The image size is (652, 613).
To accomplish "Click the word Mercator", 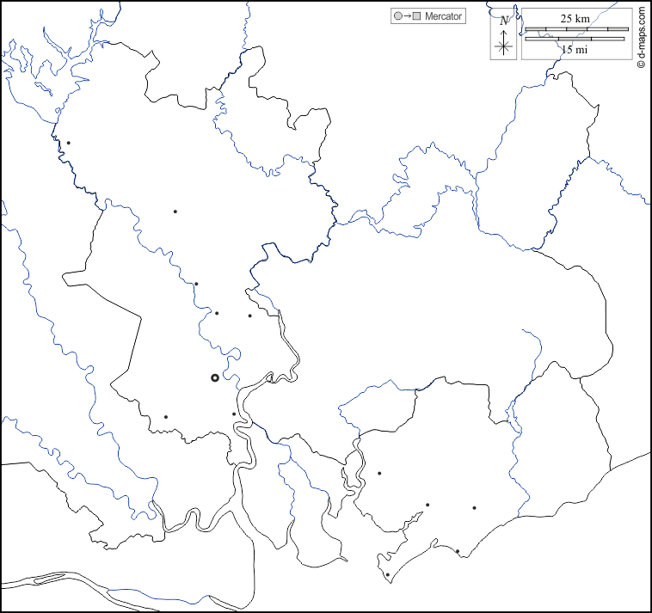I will pos(443,16).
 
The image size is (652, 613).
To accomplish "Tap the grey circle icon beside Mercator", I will pos(397,16).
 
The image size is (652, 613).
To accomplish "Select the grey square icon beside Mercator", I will pos(416,16).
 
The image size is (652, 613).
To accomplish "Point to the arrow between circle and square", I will pos(406,16).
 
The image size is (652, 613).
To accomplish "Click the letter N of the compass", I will pos(504,21).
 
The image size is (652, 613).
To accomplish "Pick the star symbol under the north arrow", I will pos(505,47).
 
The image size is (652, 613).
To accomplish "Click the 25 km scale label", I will pos(575,18).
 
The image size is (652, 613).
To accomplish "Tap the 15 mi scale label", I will pos(575,50).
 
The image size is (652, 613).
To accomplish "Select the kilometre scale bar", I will pos(576,29).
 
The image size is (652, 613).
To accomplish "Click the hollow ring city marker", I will pos(215,377).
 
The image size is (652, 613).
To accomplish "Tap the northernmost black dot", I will pos(68,143).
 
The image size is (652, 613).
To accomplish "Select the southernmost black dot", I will pos(387,575).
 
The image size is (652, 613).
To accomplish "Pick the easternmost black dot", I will pos(474,508).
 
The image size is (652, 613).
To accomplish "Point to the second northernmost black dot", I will pos(175,211).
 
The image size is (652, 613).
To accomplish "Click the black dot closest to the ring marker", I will pos(233,414).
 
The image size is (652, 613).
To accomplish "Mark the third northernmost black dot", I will pos(196,284).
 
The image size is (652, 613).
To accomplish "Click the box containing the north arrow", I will pos(505,34).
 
